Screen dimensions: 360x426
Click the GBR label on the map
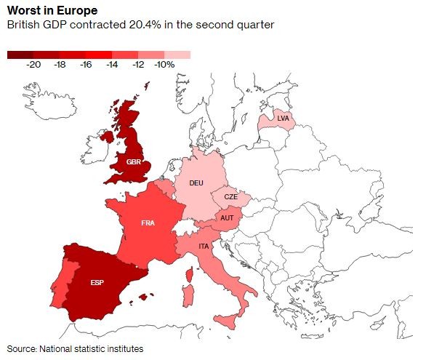click(x=134, y=161)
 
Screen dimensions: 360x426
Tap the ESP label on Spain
click(x=97, y=283)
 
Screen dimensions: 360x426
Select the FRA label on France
click(x=148, y=223)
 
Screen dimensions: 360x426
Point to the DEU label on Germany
click(x=196, y=183)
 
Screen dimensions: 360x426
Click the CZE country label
click(x=230, y=197)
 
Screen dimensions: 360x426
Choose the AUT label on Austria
click(x=227, y=218)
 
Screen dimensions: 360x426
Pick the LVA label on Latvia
click(x=283, y=118)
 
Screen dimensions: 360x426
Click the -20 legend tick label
click(x=33, y=65)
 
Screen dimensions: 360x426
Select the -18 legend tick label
click(x=60, y=65)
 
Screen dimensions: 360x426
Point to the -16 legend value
click(x=86, y=65)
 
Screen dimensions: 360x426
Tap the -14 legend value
click(x=112, y=65)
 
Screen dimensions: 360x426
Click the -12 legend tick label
click(x=138, y=65)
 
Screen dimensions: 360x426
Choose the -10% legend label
click(x=164, y=65)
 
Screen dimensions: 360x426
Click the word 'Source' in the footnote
click(x=21, y=349)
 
